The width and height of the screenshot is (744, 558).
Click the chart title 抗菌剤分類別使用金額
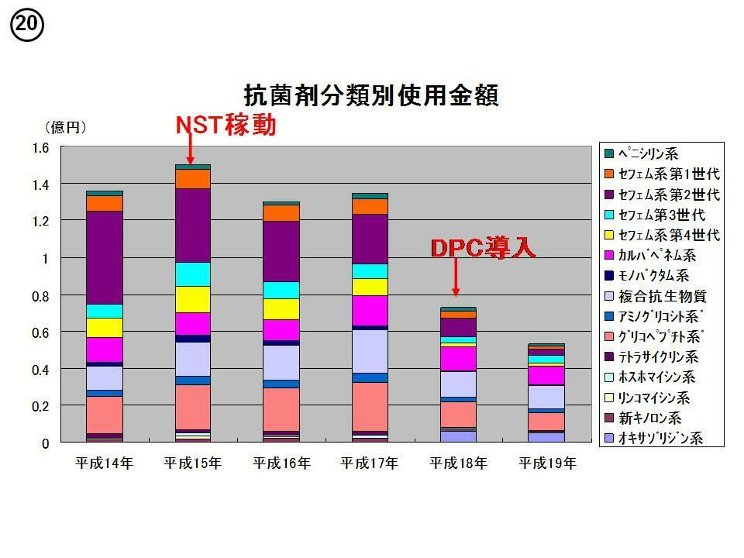(x=370, y=95)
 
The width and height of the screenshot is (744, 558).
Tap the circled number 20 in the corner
(x=26, y=26)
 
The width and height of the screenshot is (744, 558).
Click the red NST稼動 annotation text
(x=225, y=126)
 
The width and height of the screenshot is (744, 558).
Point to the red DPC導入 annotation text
(x=483, y=247)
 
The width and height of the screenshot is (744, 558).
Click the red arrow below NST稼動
(x=191, y=149)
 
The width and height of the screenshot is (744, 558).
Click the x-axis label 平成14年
(x=104, y=463)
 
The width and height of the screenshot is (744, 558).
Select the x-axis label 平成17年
(x=369, y=463)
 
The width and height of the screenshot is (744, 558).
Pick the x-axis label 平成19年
(x=546, y=463)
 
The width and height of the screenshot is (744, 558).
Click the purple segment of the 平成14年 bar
(x=104, y=257)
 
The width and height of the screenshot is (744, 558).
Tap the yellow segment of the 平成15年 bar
(x=192, y=299)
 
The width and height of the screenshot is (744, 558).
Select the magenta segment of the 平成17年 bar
(x=369, y=310)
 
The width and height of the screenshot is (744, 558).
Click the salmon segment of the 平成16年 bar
(x=281, y=408)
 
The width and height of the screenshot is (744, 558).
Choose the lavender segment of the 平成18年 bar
(x=457, y=384)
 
